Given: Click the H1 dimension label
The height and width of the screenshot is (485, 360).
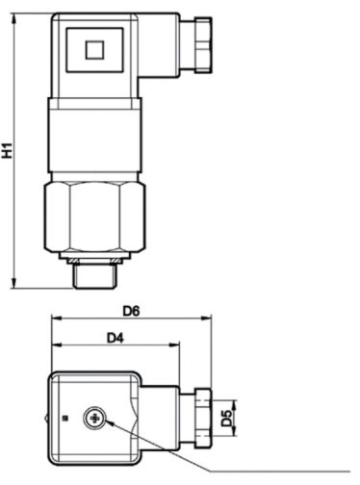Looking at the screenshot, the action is tap(8, 150).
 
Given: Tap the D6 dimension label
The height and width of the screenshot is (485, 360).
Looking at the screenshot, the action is tap(131, 311).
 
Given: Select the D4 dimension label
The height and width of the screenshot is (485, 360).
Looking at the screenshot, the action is tap(116, 338).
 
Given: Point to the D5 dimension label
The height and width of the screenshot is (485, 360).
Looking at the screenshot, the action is tap(227, 418).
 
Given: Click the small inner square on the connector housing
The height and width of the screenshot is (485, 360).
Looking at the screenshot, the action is tap(94, 50).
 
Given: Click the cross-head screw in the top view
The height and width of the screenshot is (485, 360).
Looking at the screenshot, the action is tap(94, 419).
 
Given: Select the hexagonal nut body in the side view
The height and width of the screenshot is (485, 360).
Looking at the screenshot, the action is tap(94, 217).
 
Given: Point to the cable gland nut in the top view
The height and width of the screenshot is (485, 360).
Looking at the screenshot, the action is tap(203, 418).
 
